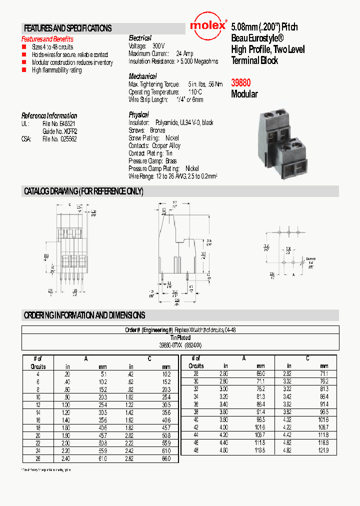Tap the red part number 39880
point(241,83)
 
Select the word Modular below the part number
point(244,94)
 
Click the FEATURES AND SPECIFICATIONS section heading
point(68,28)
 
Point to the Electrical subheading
point(140,38)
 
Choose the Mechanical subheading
point(142,76)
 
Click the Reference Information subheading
point(49,115)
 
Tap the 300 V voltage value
point(158,45)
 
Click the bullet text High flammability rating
point(57,70)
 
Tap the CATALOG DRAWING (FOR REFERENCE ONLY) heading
point(83,191)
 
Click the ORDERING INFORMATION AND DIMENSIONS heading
point(84,315)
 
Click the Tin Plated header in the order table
point(180,338)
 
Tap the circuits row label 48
point(196,450)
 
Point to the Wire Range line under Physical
point(173,176)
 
